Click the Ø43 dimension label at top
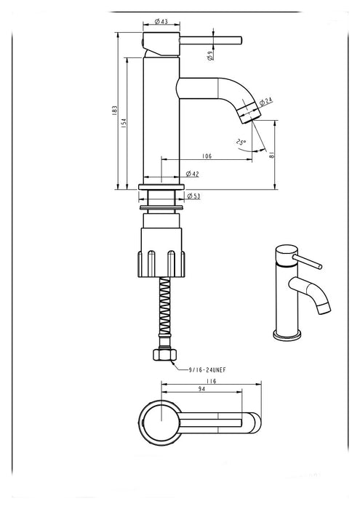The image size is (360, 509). click(161, 21)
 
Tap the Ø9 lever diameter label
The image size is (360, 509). click(210, 55)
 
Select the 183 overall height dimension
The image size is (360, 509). click(114, 111)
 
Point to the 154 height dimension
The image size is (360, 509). click(124, 123)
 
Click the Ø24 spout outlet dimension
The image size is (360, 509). click(266, 102)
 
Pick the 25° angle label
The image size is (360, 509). click(241, 143)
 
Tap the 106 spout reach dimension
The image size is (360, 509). click(207, 156)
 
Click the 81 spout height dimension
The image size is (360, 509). click(272, 154)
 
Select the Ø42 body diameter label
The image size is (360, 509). click(192, 174)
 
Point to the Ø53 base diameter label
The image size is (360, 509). click(193, 196)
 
